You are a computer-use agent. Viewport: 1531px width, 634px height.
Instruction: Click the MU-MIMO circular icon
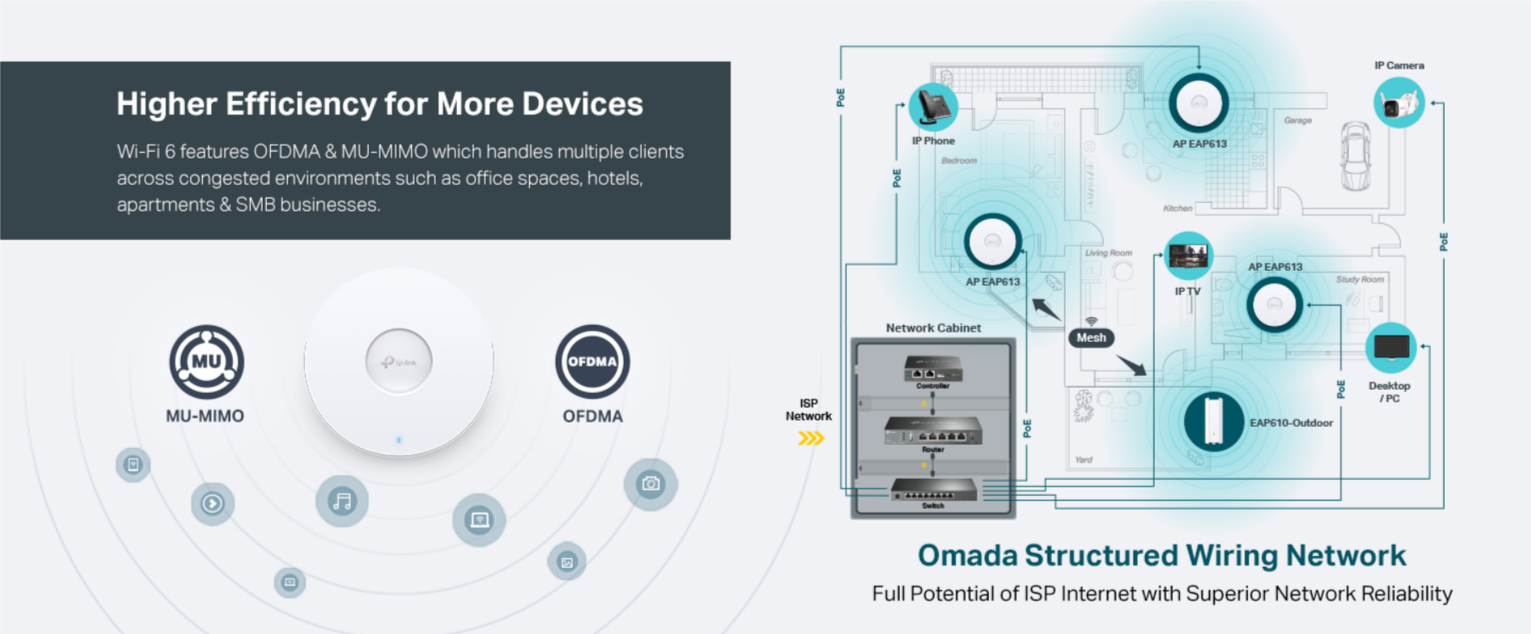tap(206, 362)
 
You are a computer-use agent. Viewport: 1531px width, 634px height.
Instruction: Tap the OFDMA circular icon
tap(592, 362)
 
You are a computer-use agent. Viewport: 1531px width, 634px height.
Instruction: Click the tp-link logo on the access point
tap(398, 362)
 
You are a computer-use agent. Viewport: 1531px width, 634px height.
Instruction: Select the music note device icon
tap(342, 501)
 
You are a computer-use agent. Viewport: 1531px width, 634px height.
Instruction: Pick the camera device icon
tap(651, 484)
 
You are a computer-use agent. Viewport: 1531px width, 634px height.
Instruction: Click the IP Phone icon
tap(933, 107)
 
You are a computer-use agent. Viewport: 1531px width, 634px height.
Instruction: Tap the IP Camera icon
tap(1398, 103)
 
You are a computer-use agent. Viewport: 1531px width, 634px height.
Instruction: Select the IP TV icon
tap(1188, 255)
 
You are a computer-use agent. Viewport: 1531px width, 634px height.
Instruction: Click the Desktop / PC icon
tap(1391, 347)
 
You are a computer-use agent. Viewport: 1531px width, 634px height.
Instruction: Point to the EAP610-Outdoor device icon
tap(1213, 420)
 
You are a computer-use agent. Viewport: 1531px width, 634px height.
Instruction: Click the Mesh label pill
tap(1091, 338)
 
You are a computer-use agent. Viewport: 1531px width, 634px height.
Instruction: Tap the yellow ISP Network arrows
tap(811, 438)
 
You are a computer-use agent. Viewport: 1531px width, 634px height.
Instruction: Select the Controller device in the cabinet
tap(932, 369)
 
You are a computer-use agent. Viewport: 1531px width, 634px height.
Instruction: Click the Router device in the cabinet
tap(933, 431)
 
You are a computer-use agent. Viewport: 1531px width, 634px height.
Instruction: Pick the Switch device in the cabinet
tap(934, 491)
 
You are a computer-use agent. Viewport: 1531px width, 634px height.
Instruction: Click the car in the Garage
tap(1355, 155)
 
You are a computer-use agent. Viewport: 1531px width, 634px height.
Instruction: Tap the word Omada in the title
tap(968, 555)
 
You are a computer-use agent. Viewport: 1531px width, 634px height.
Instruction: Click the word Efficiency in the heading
tap(300, 104)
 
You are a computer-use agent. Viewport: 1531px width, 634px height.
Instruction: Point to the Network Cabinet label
tap(933, 328)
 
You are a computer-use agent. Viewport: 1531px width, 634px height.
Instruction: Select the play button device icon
tap(212, 503)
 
